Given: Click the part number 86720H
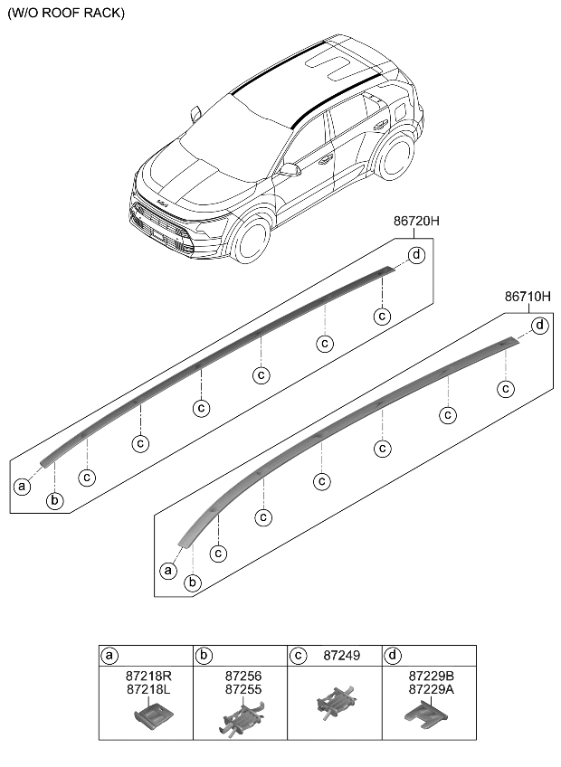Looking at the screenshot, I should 416,221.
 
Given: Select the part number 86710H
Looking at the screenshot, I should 528,296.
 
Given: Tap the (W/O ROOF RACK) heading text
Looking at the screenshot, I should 66,14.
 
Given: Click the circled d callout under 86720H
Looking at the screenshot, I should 416,255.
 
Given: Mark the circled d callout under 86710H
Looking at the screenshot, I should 539,325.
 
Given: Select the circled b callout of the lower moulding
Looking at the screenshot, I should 192,582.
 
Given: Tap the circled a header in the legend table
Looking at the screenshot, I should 109,656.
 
